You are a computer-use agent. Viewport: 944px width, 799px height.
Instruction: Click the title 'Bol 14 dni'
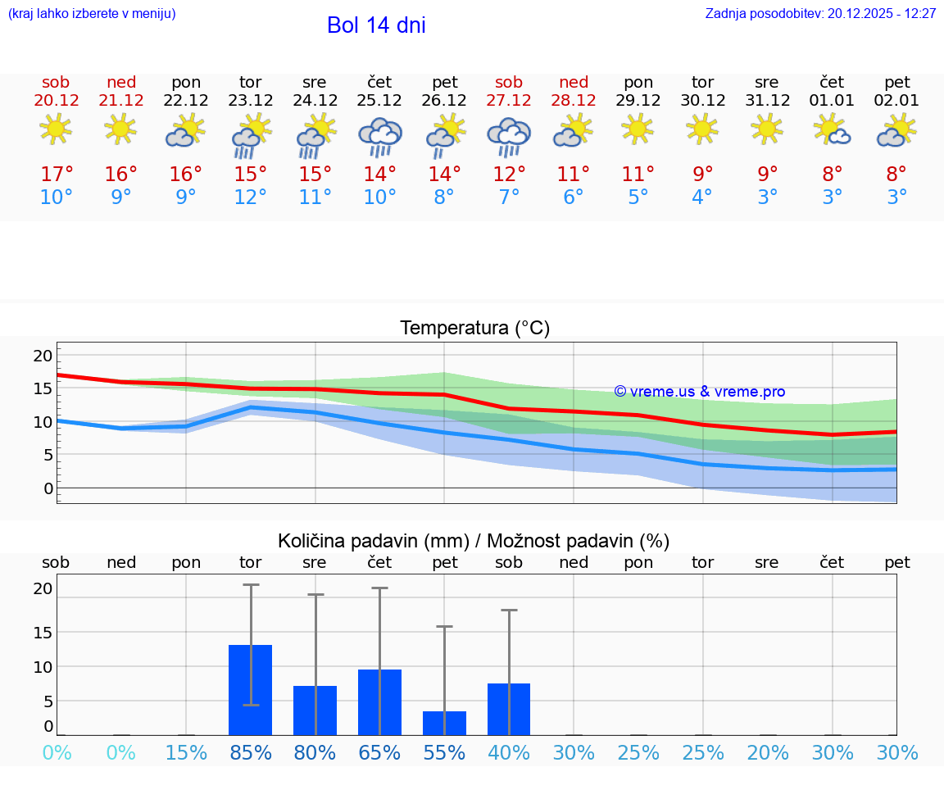pyautogui.click(x=376, y=25)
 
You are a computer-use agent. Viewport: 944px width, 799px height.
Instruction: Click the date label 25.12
pyautogui.click(x=379, y=101)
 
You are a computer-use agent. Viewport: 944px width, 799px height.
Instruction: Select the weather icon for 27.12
pyautogui.click(x=509, y=137)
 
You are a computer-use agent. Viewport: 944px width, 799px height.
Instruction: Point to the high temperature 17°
pyautogui.click(x=57, y=175)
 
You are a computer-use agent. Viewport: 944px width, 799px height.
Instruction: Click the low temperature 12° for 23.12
pyautogui.click(x=251, y=197)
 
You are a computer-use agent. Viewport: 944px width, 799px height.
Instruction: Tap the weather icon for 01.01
pyautogui.click(x=832, y=131)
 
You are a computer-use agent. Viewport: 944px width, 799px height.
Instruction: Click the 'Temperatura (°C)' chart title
pyautogui.click(x=474, y=329)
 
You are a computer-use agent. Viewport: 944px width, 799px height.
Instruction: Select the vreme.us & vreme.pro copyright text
pyautogui.click(x=699, y=392)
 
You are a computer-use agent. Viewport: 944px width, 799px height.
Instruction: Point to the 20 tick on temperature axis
pyautogui.click(x=43, y=356)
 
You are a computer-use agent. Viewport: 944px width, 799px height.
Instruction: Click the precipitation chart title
pyautogui.click(x=474, y=541)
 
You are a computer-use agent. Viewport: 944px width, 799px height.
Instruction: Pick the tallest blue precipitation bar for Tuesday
pyautogui.click(x=250, y=690)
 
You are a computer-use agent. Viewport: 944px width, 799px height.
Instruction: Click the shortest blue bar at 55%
pyautogui.click(x=444, y=723)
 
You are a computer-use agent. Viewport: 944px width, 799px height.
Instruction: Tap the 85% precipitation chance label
pyautogui.click(x=251, y=753)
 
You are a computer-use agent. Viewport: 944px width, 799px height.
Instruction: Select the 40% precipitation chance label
pyautogui.click(x=509, y=753)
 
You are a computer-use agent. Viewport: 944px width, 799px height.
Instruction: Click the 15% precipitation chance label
pyautogui.click(x=186, y=753)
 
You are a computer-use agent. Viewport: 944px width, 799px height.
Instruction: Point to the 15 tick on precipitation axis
pyautogui.click(x=43, y=633)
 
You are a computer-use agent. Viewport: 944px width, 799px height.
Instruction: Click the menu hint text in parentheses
pyautogui.click(x=91, y=14)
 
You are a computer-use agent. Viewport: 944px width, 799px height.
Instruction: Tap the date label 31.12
pyautogui.click(x=767, y=101)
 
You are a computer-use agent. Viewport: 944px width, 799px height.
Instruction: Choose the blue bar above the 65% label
pyautogui.click(x=379, y=702)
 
